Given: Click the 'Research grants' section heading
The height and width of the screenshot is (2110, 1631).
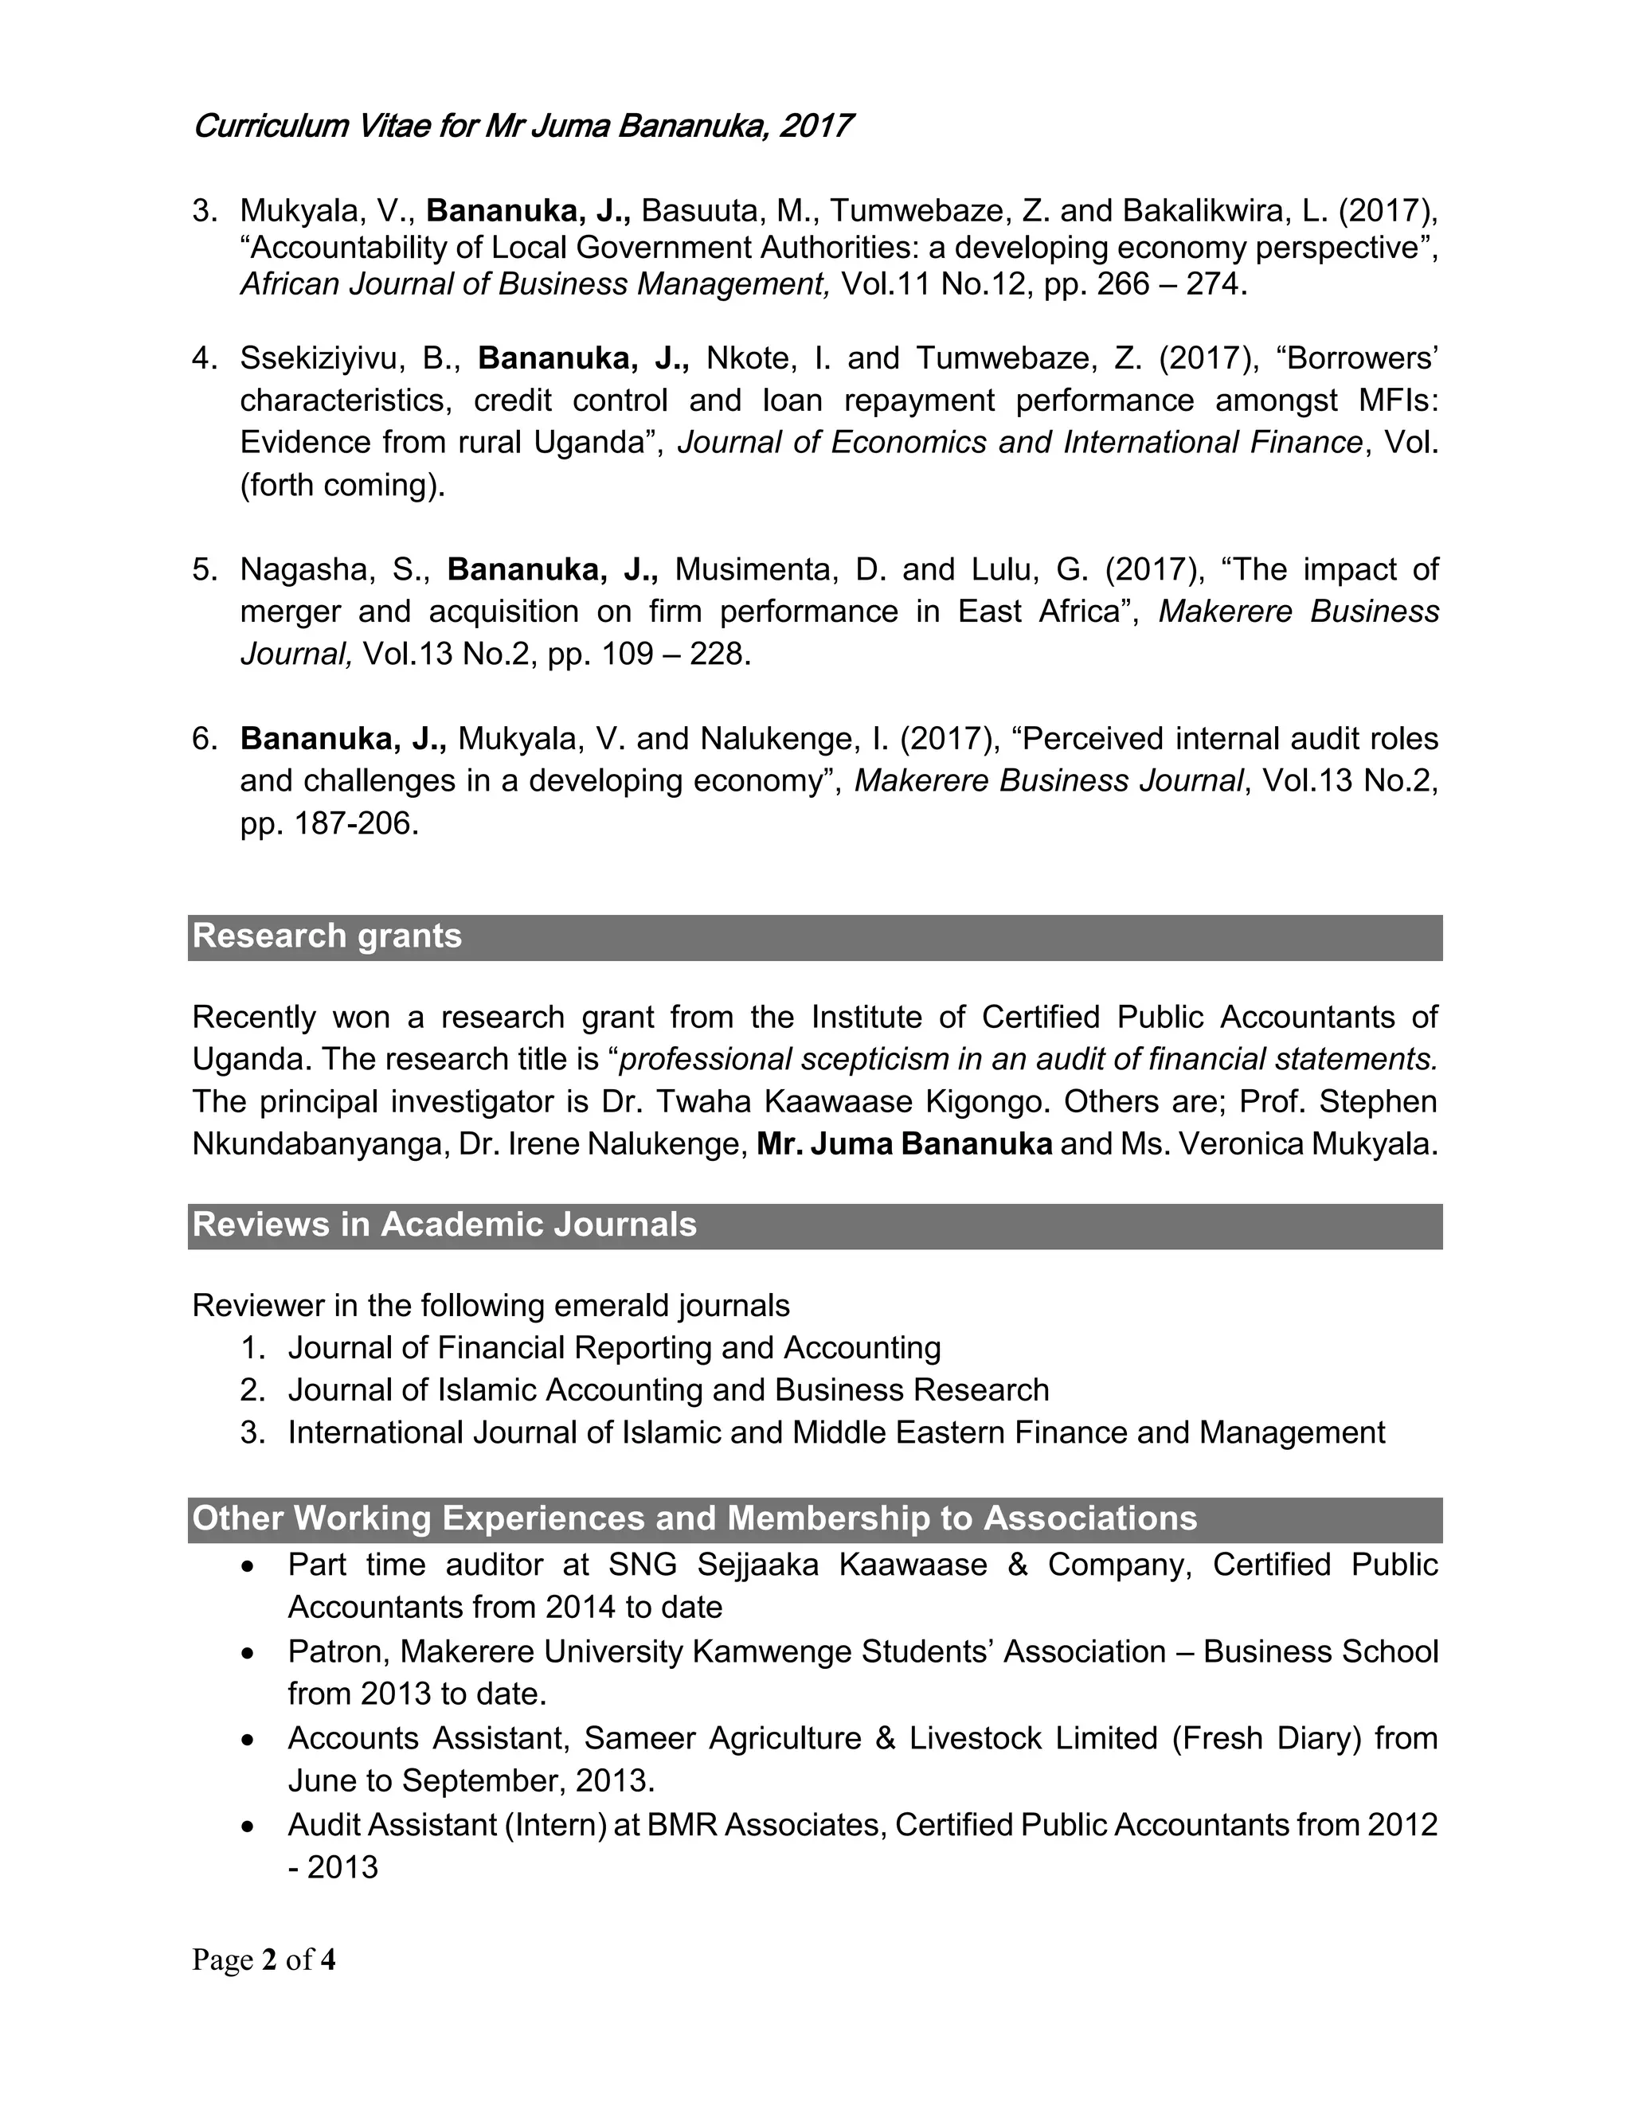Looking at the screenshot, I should tap(327, 936).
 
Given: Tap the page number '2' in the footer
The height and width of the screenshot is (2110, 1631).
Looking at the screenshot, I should tap(270, 1960).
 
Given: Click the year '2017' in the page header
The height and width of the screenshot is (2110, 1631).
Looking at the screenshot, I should tap(817, 127).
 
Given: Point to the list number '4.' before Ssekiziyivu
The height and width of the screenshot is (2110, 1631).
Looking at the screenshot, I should tap(205, 358).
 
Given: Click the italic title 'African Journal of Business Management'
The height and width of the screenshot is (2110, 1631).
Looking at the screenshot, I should tap(534, 285).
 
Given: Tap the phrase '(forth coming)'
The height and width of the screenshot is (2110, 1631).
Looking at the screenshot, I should tap(342, 485).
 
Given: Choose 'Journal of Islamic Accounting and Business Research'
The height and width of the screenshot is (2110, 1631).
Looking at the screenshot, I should tap(667, 1390).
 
